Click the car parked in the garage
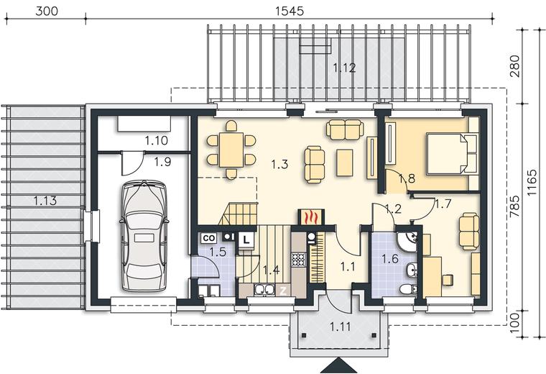click(144, 236)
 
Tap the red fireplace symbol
click(311, 217)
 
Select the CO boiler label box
click(208, 238)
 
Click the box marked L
click(246, 240)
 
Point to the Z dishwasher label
click(284, 291)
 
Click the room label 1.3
click(279, 164)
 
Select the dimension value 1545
click(290, 12)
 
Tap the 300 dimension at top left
click(47, 12)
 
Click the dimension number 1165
click(532, 183)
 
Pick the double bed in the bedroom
click(452, 154)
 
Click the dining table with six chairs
click(231, 150)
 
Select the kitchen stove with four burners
click(299, 260)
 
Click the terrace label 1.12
click(344, 68)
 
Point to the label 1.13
click(45, 201)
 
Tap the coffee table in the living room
click(345, 163)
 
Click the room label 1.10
click(157, 141)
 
